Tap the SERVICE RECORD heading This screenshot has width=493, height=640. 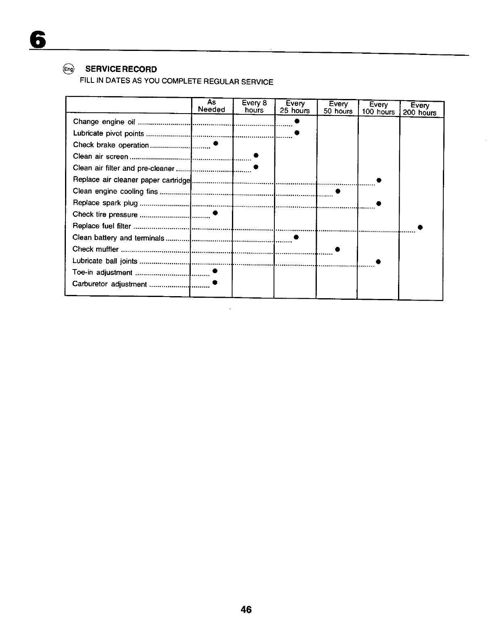(121, 69)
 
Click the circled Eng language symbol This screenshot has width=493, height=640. (69, 69)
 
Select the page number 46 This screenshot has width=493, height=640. (246, 610)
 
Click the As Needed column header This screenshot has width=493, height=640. (211, 106)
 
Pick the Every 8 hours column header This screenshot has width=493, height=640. (254, 106)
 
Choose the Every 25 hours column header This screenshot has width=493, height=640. (295, 107)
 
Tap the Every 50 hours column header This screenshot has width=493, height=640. (338, 107)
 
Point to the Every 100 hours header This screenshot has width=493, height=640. (378, 108)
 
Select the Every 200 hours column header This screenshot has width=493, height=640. (420, 109)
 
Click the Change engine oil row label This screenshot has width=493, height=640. (104, 122)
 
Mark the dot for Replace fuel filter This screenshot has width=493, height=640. (420, 227)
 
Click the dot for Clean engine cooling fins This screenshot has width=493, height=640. (337, 191)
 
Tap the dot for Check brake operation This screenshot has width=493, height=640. (216, 143)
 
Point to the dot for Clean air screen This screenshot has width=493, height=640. (256, 155)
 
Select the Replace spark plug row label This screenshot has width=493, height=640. (105, 203)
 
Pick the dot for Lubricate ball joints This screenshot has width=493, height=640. (378, 262)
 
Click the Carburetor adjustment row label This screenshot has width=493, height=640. (109, 284)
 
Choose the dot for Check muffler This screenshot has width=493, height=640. (337, 249)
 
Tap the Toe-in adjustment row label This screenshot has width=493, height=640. (102, 272)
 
